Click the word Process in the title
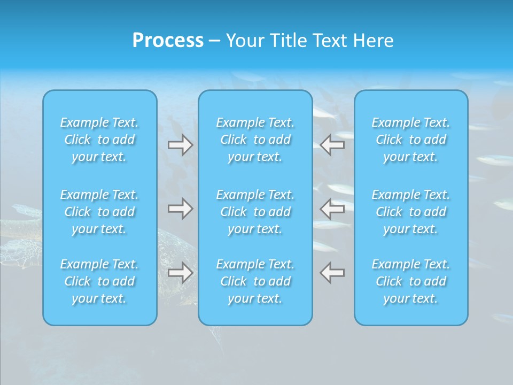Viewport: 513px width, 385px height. coord(168,41)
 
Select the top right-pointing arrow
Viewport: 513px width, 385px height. coord(181,145)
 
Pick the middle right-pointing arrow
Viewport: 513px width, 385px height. coord(181,209)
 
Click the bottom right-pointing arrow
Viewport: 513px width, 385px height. coord(181,273)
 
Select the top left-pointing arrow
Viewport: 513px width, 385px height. coord(332,145)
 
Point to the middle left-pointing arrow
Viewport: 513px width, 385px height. coord(332,209)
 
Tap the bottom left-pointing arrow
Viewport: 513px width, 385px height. coord(332,273)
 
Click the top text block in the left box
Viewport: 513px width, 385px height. coord(99,140)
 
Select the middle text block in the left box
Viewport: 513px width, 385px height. coord(99,212)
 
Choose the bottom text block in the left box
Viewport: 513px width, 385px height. coord(99,281)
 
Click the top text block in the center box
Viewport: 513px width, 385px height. coord(255,140)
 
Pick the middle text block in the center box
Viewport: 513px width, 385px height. coord(255,212)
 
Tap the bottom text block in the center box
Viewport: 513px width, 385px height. coord(255,281)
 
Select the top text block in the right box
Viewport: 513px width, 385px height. coord(411,140)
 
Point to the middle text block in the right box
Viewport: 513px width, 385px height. coord(411,212)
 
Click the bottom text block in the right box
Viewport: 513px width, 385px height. coord(411,281)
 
